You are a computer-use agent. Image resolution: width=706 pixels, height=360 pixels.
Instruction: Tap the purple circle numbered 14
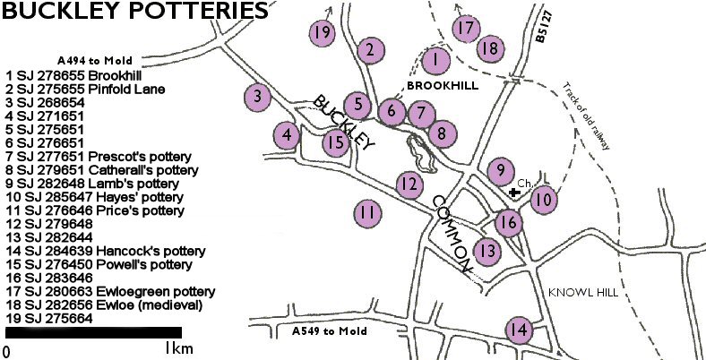point(517,330)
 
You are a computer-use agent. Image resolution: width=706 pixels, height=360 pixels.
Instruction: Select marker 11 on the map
point(366,214)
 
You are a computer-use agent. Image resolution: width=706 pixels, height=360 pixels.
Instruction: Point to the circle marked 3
point(257,96)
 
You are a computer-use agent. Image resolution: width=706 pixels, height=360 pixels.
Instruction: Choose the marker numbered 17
point(464,28)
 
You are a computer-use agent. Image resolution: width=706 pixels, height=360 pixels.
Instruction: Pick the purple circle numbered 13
point(486,251)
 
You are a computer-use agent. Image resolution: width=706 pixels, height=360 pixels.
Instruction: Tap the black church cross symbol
point(513,192)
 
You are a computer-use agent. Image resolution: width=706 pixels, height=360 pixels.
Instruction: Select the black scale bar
point(93,332)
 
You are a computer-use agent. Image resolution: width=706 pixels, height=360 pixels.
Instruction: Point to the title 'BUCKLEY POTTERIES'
point(134,12)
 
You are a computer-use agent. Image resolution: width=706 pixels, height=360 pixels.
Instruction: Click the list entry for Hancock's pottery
point(106,251)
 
